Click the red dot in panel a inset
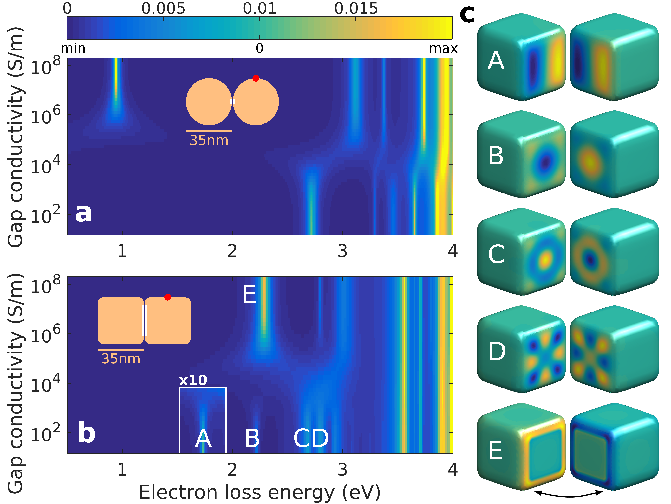coord(256,78)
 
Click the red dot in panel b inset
coord(167,297)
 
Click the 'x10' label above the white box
coord(193,380)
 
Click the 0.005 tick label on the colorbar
coord(163,9)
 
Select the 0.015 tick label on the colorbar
coord(356,9)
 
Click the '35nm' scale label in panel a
coord(209,140)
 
